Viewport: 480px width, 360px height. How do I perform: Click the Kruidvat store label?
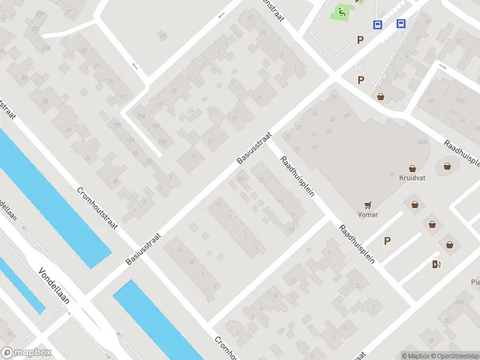412,178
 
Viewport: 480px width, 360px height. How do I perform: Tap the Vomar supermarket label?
367,214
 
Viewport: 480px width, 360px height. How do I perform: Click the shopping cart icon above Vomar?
368,205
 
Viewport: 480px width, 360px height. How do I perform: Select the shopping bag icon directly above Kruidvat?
412,169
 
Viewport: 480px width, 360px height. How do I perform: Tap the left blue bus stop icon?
378,25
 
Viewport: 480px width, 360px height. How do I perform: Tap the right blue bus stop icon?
401,24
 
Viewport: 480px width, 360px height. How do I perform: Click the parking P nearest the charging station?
388,241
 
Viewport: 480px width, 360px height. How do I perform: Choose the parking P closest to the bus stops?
360,40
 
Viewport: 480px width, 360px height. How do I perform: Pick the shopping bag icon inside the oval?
447,166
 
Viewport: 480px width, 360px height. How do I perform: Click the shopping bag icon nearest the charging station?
449,244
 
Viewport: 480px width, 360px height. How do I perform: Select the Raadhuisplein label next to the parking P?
356,244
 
